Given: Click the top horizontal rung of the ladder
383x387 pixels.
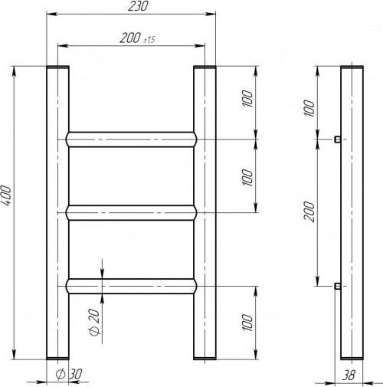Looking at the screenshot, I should pyautogui.click(x=130, y=139).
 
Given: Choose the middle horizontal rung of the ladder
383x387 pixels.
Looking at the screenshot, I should pyautogui.click(x=130, y=212).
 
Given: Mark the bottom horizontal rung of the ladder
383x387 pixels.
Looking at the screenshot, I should pyautogui.click(x=130, y=285).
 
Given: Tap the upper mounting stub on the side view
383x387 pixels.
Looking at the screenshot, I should pyautogui.click(x=337, y=139).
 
